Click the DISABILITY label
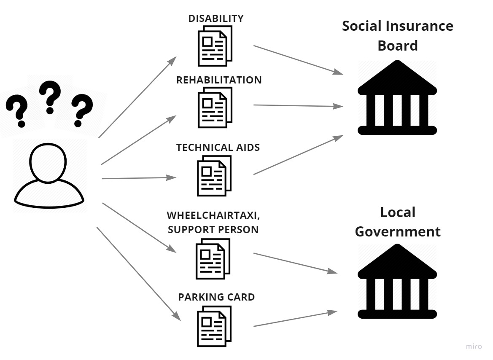point(216,19)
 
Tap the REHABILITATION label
point(219,80)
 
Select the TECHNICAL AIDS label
point(218,148)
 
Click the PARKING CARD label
point(216,297)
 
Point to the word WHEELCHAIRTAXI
point(213,215)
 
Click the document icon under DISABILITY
point(215,46)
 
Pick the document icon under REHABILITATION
point(215,107)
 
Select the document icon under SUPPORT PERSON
point(213,258)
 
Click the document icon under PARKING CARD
point(214,326)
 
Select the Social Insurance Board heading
point(397,35)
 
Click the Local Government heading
point(397,222)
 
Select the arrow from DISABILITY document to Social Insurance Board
point(298,60)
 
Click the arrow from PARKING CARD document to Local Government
point(295,319)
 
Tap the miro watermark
point(474,346)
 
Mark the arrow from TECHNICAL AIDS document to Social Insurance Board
point(298,155)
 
